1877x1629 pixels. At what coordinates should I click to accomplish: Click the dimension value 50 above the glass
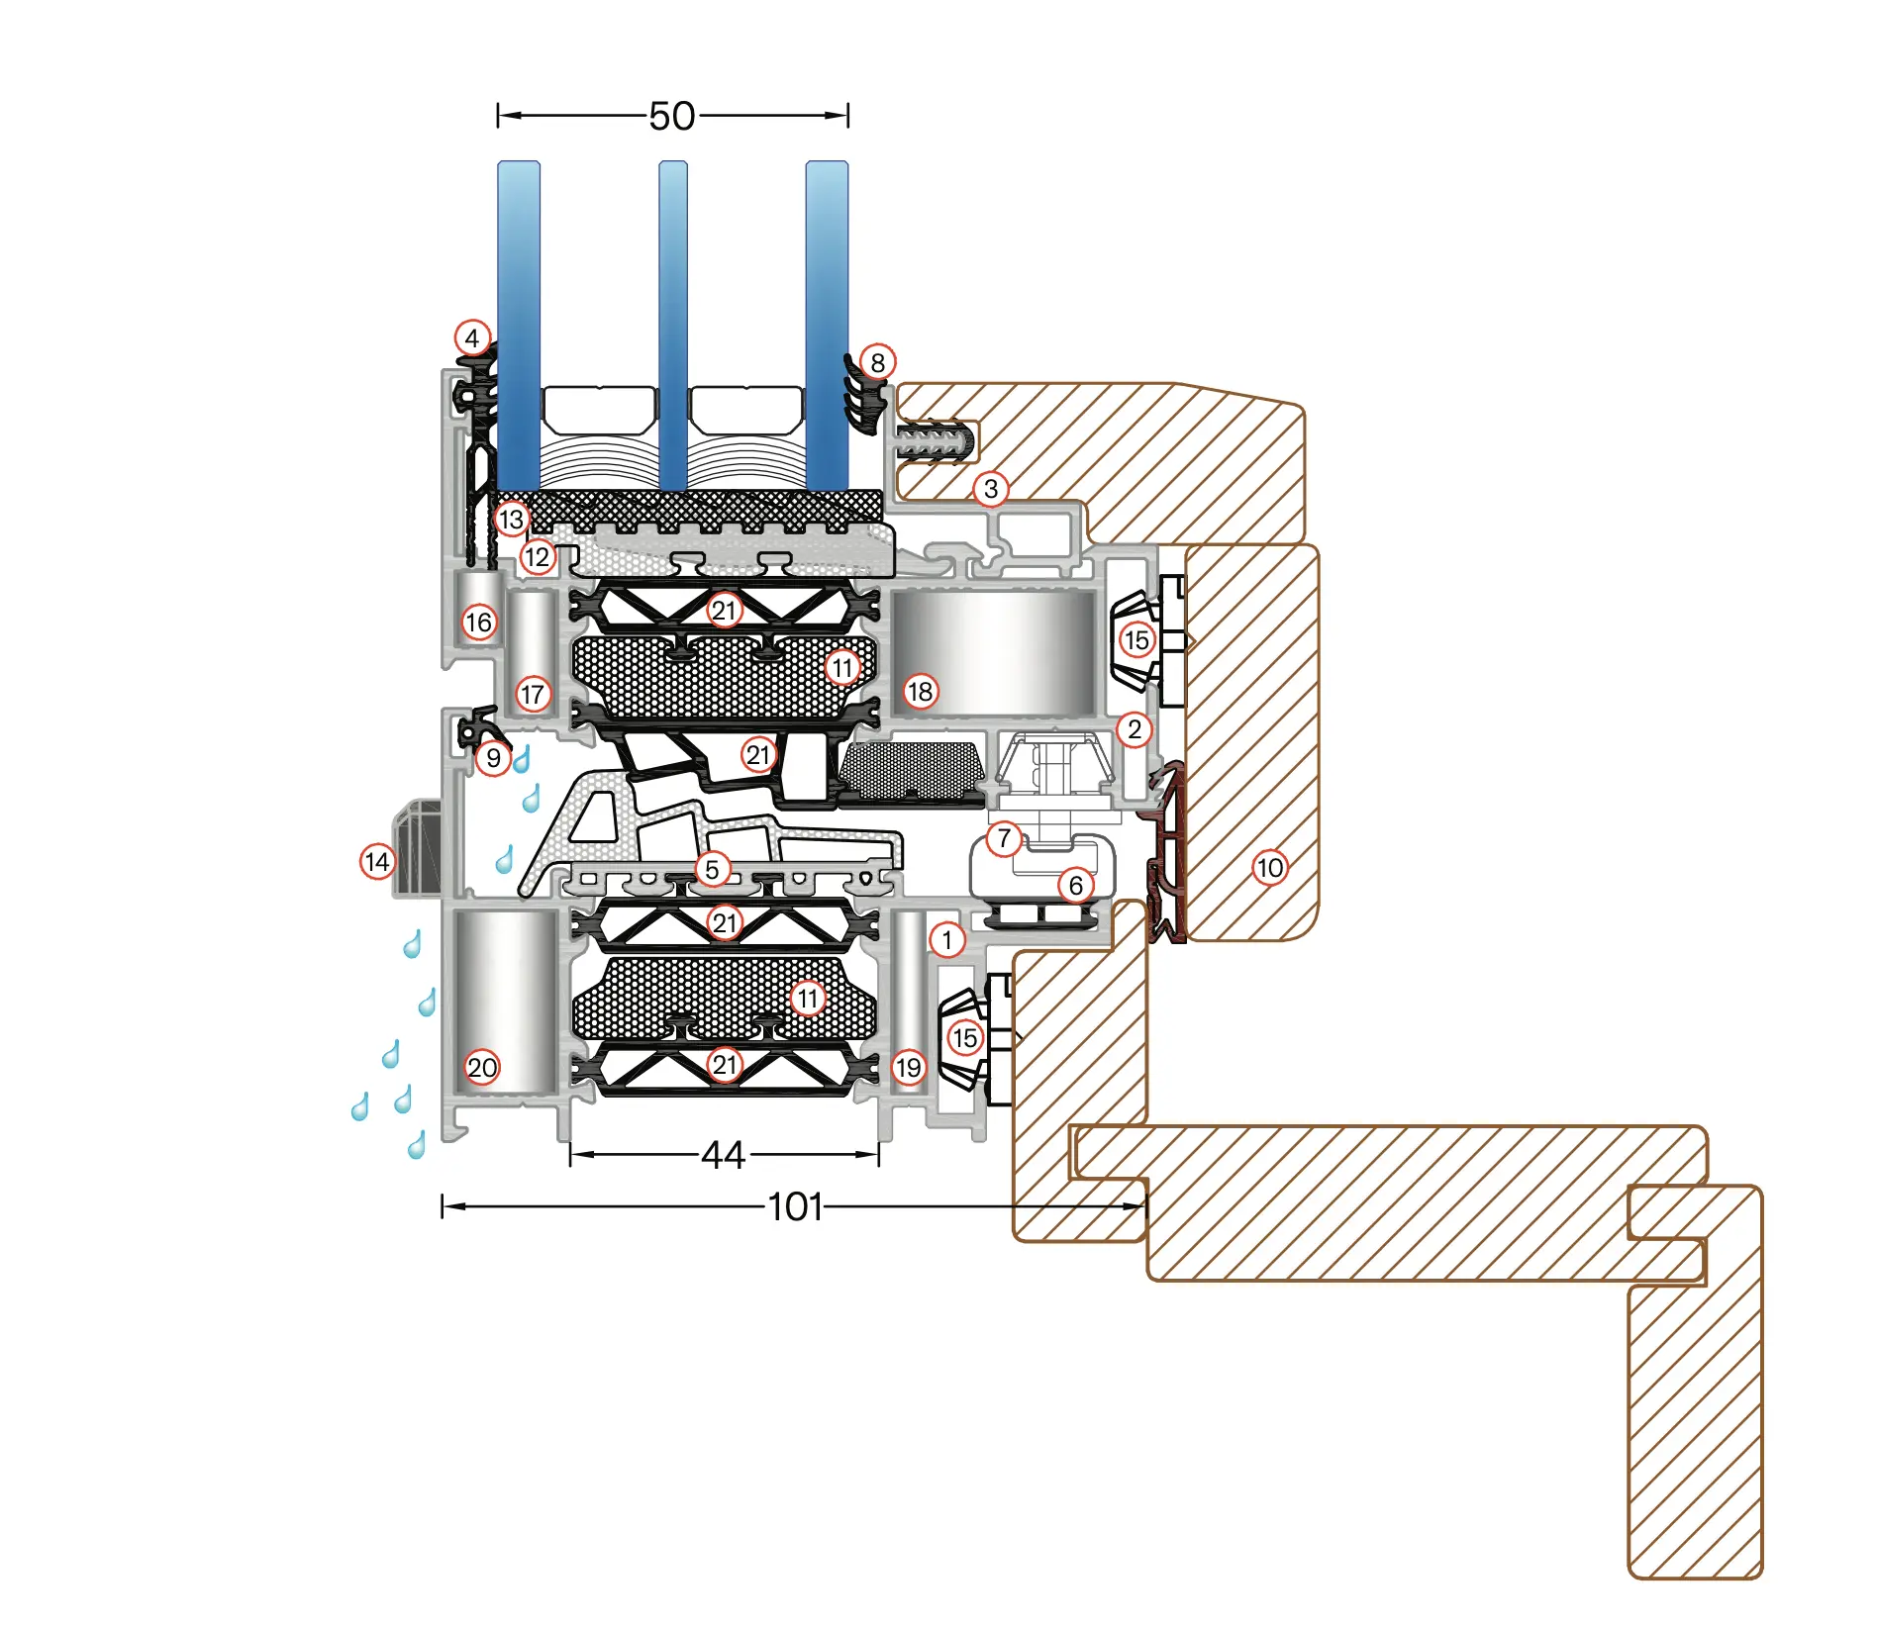(x=672, y=117)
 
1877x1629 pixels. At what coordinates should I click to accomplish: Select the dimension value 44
(x=723, y=1155)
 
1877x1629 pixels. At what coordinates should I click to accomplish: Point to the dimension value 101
(x=795, y=1207)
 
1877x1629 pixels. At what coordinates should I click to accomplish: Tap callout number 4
(x=472, y=338)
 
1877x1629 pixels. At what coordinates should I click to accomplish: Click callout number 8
(x=877, y=363)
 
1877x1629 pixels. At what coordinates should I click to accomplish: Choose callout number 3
(x=990, y=489)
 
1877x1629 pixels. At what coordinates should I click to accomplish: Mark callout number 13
(x=511, y=520)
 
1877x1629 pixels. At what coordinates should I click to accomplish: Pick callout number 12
(x=537, y=557)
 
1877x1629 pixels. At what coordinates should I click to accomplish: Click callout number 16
(x=479, y=623)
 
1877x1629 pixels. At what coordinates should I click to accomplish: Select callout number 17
(x=533, y=695)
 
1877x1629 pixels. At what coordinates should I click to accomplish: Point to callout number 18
(x=920, y=692)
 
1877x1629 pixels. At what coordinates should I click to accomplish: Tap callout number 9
(x=493, y=759)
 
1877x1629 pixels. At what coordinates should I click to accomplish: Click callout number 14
(x=377, y=862)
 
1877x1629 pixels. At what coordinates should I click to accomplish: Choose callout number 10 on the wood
(x=1269, y=869)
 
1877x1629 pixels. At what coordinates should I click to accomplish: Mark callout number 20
(x=482, y=1068)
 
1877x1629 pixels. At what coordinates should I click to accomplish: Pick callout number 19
(x=908, y=1068)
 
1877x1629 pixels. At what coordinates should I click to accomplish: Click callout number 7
(x=1004, y=839)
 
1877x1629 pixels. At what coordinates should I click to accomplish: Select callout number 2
(x=1135, y=730)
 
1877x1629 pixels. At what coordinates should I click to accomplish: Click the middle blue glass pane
(x=673, y=327)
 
